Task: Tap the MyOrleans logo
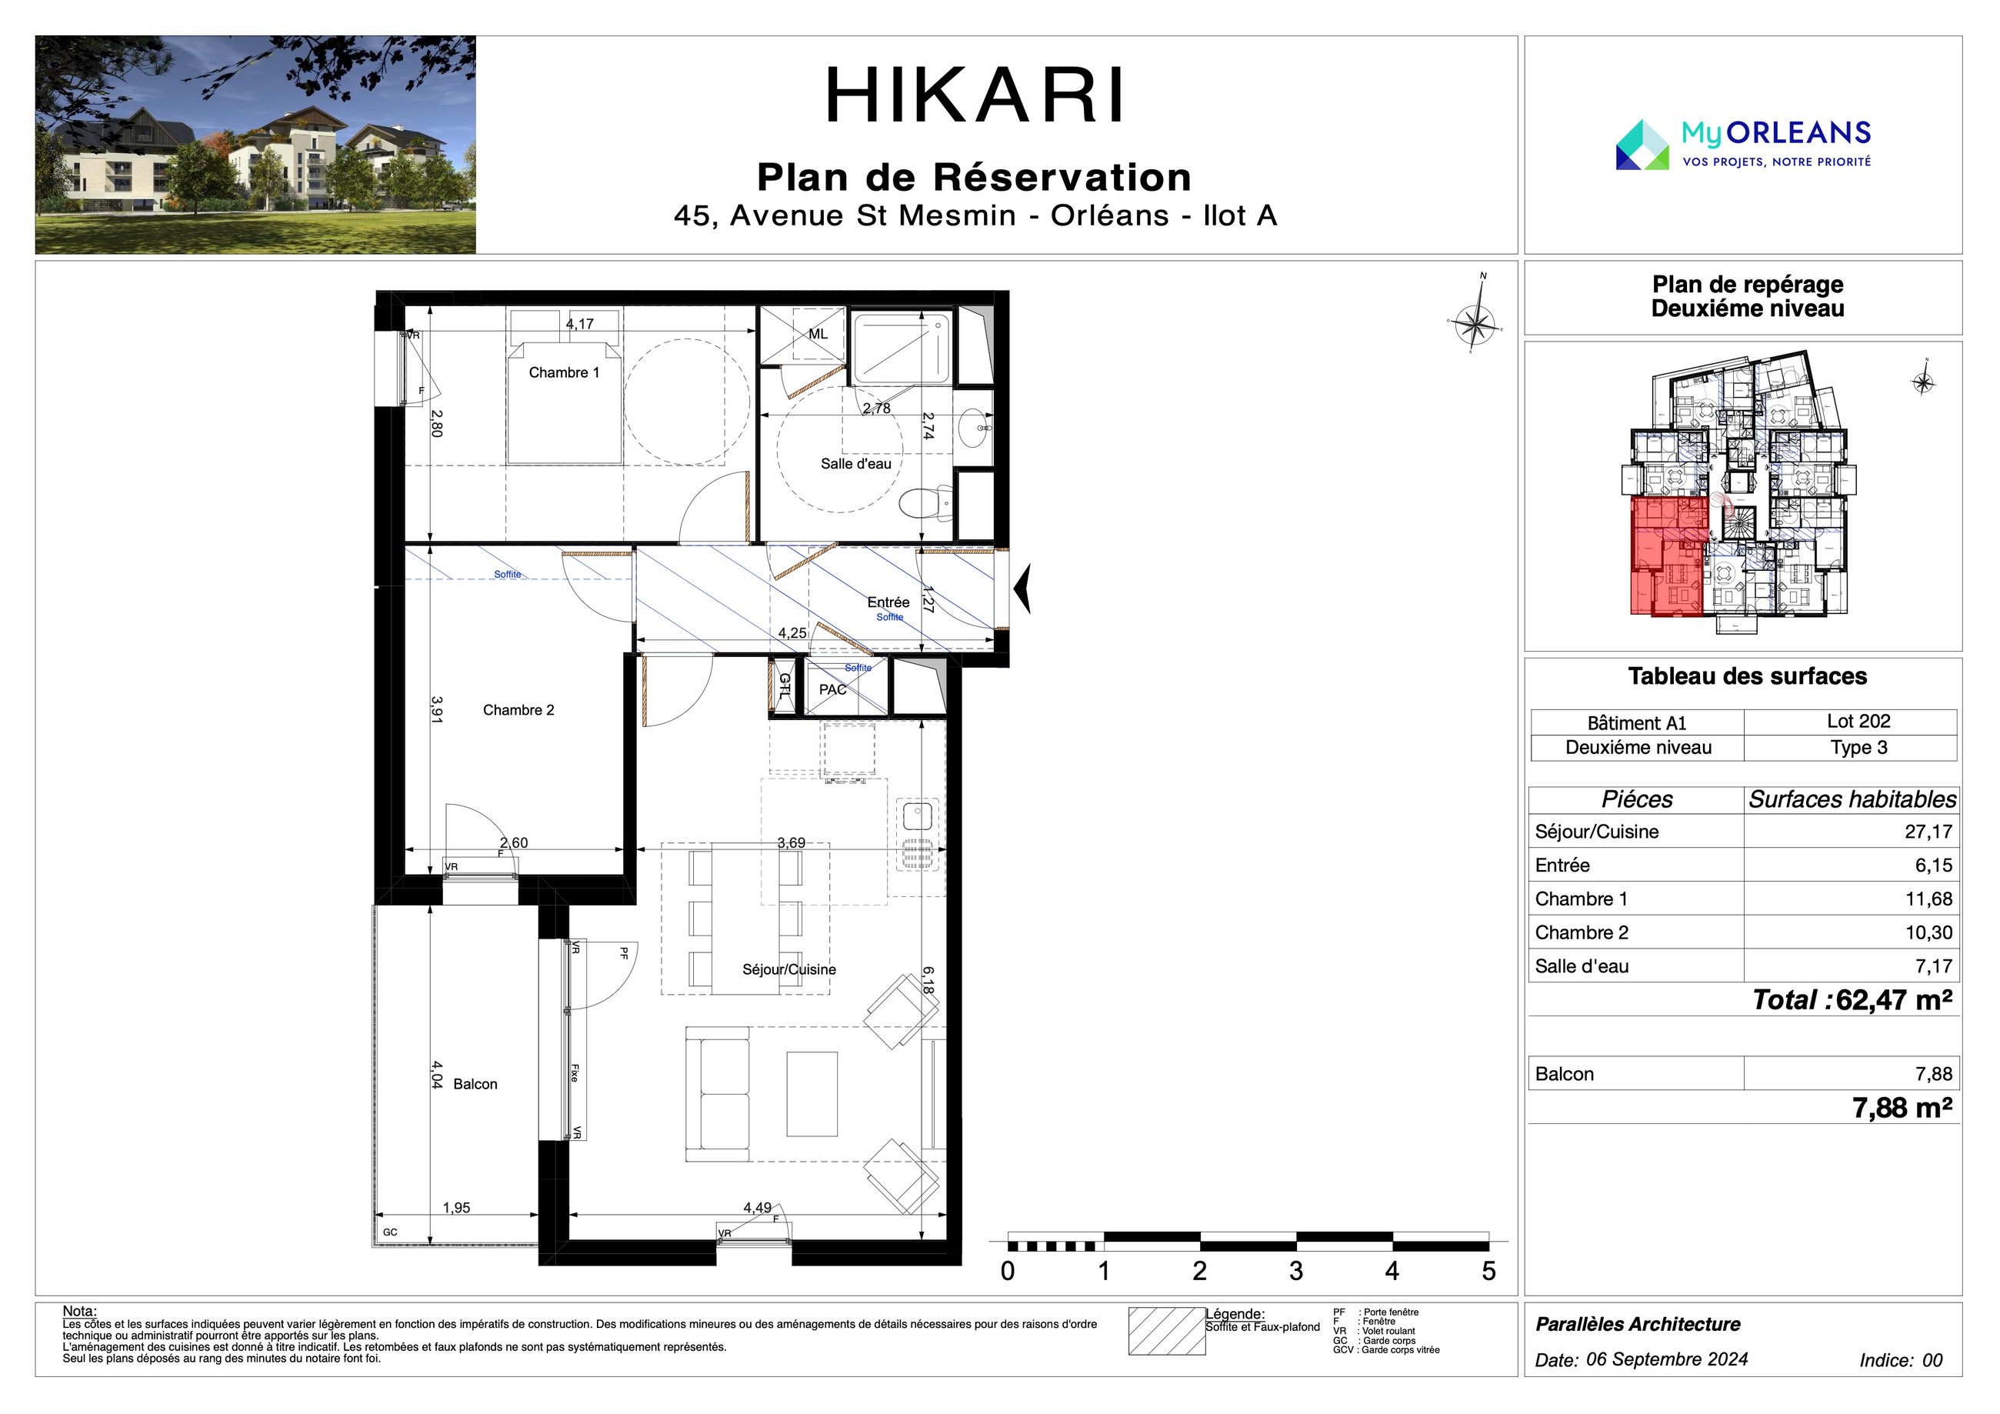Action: (x=1743, y=145)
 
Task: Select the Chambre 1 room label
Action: (x=565, y=373)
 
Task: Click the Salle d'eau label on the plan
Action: (x=855, y=463)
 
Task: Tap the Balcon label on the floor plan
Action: (x=475, y=1084)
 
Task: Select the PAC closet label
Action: (x=833, y=690)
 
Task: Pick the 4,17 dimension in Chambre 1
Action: (x=579, y=324)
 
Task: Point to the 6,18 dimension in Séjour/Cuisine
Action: (x=928, y=980)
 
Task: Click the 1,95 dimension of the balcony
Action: (x=456, y=1208)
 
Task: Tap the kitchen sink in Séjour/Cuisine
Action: (x=916, y=817)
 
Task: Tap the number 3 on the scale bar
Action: (x=1296, y=1271)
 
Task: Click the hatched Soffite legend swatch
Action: (x=1166, y=1331)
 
